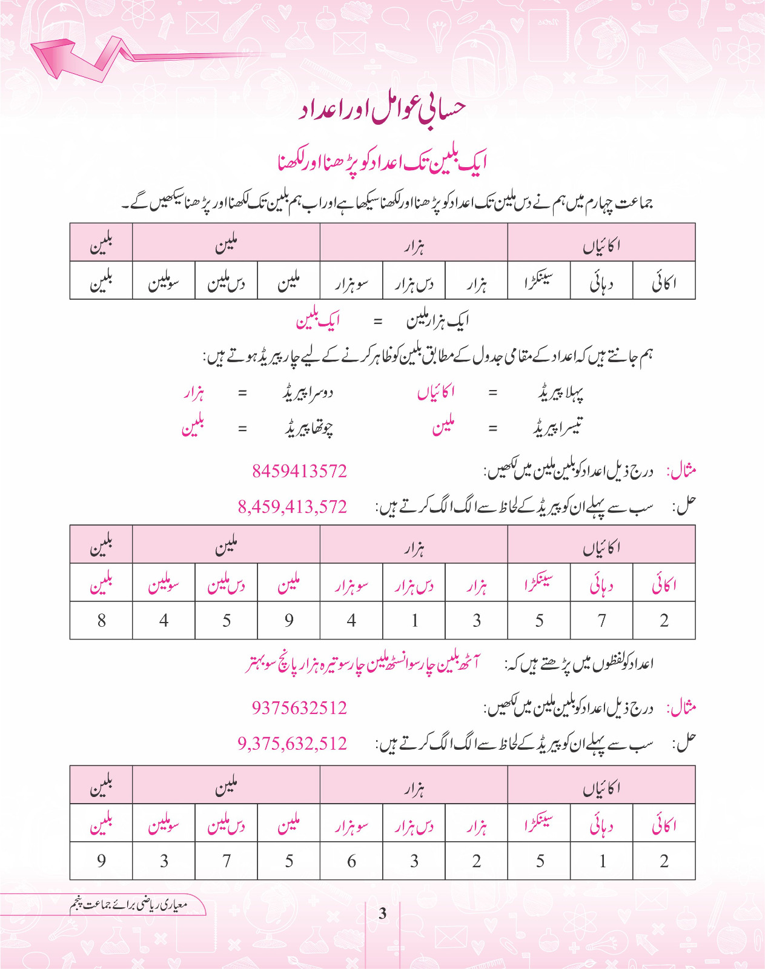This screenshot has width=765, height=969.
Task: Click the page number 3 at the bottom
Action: click(382, 913)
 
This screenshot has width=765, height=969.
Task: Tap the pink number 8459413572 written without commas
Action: click(299, 471)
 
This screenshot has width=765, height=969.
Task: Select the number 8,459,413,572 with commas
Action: click(293, 506)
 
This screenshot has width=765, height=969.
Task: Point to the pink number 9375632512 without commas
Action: click(299, 707)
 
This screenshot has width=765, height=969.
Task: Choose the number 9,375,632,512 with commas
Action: click(293, 743)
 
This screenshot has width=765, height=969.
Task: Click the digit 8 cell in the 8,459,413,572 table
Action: click(101, 620)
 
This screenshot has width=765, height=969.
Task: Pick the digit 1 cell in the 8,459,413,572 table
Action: click(414, 620)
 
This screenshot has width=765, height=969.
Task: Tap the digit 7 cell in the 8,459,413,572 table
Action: click(601, 620)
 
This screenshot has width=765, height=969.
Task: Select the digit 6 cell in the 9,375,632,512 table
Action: click(351, 861)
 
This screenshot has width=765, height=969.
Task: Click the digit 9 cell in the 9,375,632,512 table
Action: click(101, 861)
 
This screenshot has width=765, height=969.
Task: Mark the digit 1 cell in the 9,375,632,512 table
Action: click(602, 861)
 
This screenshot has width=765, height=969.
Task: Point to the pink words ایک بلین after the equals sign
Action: click(317, 321)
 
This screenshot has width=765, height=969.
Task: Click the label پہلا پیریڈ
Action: click(560, 394)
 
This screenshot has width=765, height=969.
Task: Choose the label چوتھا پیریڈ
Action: click(310, 428)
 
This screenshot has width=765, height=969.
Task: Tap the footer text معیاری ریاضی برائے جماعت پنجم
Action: click(128, 905)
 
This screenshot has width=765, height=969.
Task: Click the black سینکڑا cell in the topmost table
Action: click(538, 282)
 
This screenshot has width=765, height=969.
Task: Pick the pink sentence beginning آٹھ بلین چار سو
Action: click(362, 664)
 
